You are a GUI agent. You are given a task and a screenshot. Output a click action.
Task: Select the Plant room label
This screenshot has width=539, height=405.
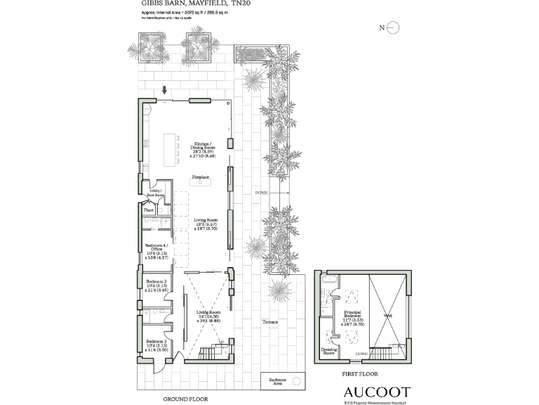tap(149, 210)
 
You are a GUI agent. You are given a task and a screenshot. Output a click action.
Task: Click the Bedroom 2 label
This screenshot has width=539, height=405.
tap(155, 283)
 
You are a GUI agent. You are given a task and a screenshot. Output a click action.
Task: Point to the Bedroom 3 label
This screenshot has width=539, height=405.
tap(155, 344)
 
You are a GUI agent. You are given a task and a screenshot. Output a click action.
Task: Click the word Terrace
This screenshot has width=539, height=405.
tap(270, 322)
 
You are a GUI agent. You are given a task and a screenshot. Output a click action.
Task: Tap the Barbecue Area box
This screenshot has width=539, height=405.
tap(283, 380)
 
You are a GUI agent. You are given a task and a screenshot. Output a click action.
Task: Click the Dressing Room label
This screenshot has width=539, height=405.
tap(328, 351)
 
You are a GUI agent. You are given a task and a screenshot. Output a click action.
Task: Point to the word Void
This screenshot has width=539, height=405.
tap(387, 316)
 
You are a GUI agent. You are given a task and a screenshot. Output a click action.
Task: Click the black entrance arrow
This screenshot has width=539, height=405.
tap(165, 90)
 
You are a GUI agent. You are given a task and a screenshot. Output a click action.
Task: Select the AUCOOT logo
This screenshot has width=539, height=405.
tap(377, 392)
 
